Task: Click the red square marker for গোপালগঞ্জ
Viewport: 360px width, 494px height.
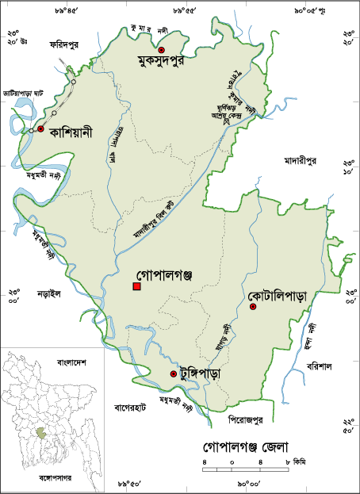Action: pyautogui.click(x=137, y=285)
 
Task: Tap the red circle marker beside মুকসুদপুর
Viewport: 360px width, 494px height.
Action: pyautogui.click(x=161, y=50)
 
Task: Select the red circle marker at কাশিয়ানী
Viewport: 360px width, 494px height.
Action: pyautogui.click(x=40, y=128)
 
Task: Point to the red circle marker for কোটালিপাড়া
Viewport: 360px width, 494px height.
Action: pyautogui.click(x=253, y=307)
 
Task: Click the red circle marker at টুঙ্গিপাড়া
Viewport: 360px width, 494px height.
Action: pyautogui.click(x=173, y=373)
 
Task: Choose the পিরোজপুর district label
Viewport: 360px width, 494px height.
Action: pyautogui.click(x=241, y=415)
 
